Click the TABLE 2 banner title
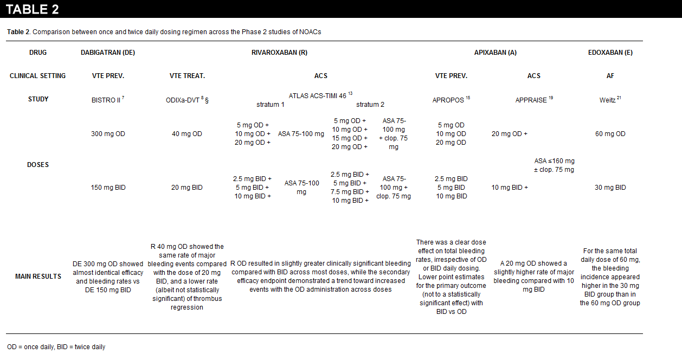click(33, 9)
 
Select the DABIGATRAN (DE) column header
click(108, 53)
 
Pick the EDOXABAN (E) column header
click(610, 53)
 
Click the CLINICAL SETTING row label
click(37, 76)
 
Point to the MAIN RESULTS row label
click(37, 277)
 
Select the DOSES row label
click(38, 165)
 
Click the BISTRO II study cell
click(107, 100)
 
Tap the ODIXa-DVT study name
click(184, 100)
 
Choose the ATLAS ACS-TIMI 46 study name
click(317, 95)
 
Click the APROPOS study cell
click(449, 100)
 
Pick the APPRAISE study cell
click(531, 100)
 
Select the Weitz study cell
click(608, 100)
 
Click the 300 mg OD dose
click(108, 134)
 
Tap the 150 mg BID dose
click(108, 188)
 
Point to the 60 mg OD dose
click(610, 134)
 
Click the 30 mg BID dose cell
click(610, 188)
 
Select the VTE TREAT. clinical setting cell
click(187, 76)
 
